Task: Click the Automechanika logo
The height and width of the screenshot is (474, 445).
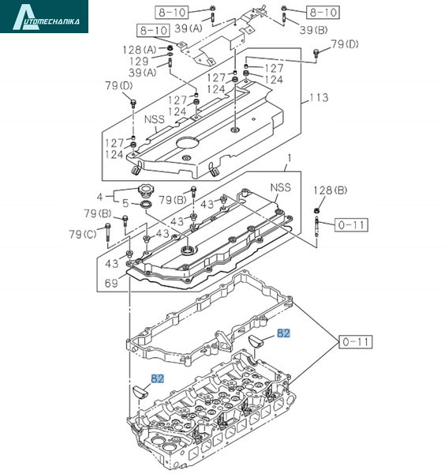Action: tap(44, 17)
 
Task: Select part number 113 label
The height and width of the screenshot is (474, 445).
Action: tap(319, 98)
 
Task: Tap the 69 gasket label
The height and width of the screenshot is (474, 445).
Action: tap(111, 284)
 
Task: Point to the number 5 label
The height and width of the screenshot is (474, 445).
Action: tap(125, 203)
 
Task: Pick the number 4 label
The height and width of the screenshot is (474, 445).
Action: tap(100, 197)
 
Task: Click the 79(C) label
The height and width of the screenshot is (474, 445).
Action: tap(82, 234)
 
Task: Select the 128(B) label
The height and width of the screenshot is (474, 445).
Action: tap(330, 190)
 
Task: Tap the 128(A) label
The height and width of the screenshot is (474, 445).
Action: tap(139, 50)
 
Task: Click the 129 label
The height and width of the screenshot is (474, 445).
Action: tap(139, 62)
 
